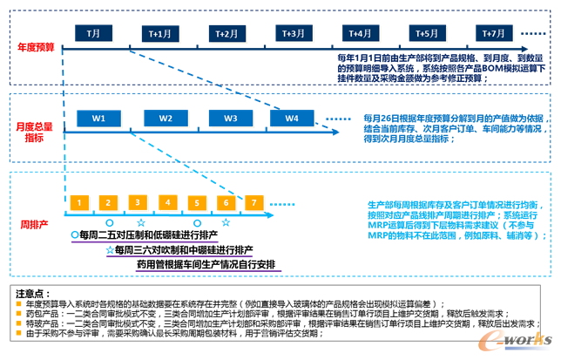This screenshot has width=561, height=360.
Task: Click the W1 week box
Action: point(99,118)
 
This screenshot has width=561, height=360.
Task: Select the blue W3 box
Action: point(230,118)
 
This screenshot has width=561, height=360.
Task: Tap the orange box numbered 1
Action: point(79,202)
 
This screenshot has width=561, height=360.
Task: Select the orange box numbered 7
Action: point(254,202)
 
